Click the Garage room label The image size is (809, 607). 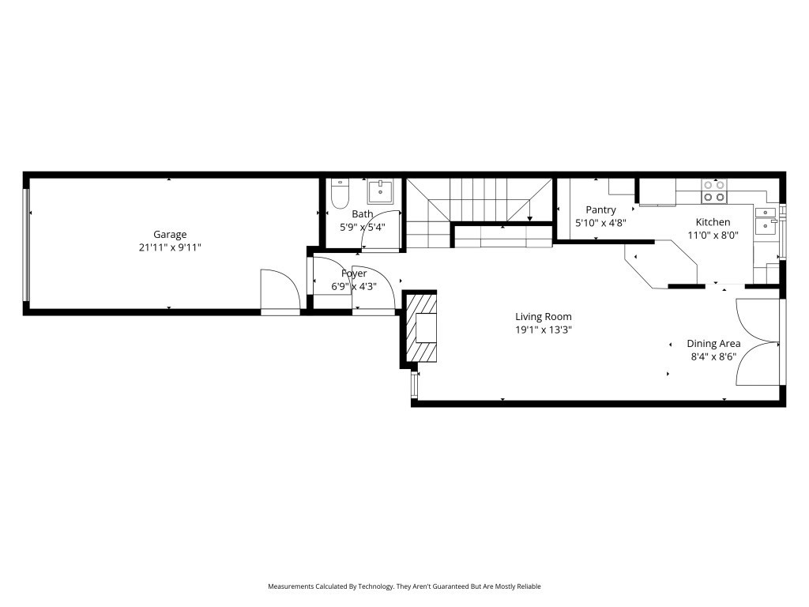click(x=170, y=235)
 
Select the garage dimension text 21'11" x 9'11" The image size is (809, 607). click(x=170, y=247)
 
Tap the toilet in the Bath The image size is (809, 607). click(x=340, y=194)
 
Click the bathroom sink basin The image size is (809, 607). click(x=380, y=191)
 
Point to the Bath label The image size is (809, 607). click(x=362, y=213)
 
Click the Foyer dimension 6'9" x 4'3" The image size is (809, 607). click(x=354, y=286)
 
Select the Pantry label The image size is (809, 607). click(x=600, y=210)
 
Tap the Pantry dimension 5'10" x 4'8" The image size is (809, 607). click(x=600, y=222)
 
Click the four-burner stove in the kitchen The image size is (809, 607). click(x=714, y=191)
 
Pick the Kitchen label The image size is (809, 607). click(x=713, y=222)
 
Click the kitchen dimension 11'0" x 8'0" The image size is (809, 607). click(x=713, y=236)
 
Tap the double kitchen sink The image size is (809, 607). click(x=766, y=221)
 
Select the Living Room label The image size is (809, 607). click(x=544, y=317)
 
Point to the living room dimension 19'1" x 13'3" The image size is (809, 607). click(x=544, y=330)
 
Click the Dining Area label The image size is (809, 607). click(x=713, y=344)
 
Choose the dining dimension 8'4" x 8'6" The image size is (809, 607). click(x=713, y=356)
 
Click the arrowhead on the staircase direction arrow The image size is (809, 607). click(x=530, y=220)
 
